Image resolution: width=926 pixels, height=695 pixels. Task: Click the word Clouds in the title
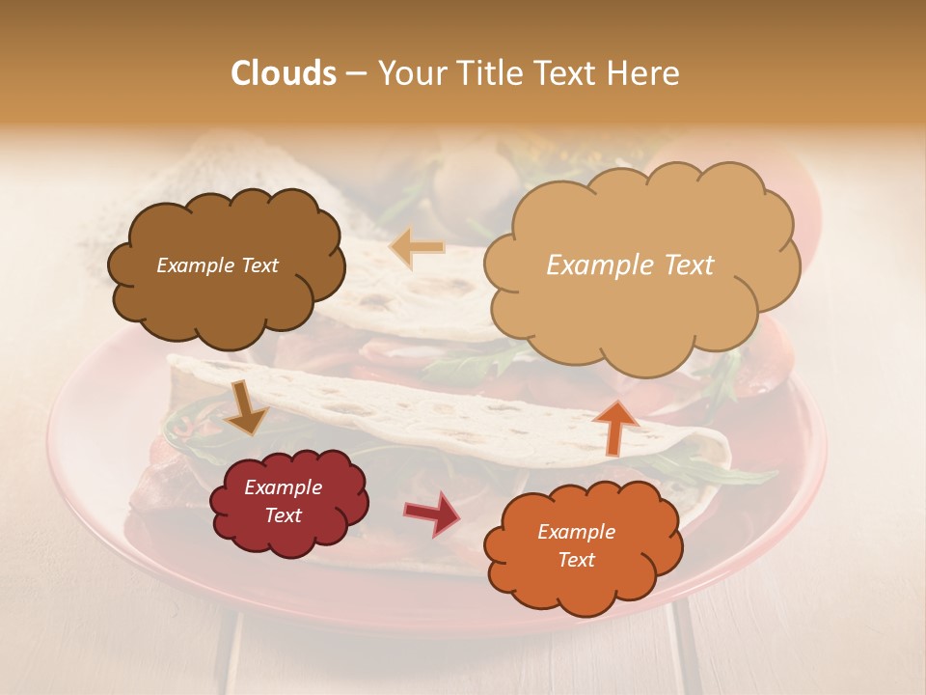point(284,73)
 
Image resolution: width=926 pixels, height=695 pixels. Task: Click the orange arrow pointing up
point(614,427)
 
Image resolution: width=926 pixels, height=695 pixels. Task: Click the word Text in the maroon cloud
point(284,515)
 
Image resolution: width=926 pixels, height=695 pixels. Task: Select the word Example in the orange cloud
point(576,532)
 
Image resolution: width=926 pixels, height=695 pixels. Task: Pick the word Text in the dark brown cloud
point(259,265)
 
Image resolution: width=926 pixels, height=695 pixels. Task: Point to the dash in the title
point(356,73)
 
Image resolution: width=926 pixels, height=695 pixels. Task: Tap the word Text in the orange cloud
point(576,560)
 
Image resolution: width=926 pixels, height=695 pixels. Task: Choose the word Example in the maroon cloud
point(284,487)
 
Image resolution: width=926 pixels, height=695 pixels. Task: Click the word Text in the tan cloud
point(689,265)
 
